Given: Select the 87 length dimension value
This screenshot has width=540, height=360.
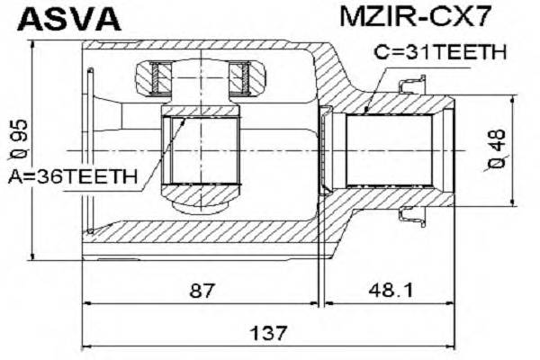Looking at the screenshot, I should pos(202,291).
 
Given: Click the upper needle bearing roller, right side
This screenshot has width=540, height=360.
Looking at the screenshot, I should pos(240,74).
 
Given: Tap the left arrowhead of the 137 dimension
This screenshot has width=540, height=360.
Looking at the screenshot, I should pos(86,345).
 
